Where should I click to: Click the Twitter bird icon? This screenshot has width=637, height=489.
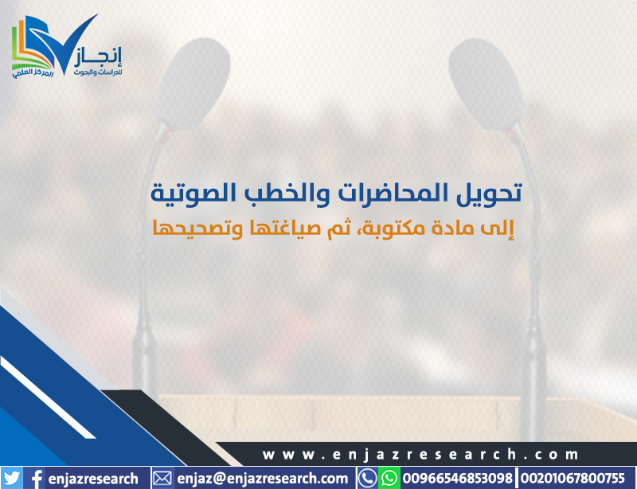[x=11, y=479]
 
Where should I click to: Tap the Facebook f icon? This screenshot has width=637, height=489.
[x=36, y=479]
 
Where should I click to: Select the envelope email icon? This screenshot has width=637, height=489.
[x=162, y=479]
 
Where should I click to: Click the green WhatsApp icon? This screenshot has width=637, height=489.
[x=389, y=478]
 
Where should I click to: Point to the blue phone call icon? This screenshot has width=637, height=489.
[x=368, y=478]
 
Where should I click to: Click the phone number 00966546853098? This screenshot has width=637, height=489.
[x=457, y=478]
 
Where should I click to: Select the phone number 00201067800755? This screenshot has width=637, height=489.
[x=572, y=478]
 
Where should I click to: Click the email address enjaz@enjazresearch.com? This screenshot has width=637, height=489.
[x=263, y=479]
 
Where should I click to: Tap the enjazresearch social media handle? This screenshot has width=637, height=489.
[x=93, y=479]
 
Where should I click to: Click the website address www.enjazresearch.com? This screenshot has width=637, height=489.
[x=420, y=454]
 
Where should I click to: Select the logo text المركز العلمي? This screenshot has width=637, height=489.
[x=33, y=73]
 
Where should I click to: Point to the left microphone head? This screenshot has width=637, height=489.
[x=191, y=84]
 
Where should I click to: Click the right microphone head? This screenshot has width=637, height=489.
[x=487, y=84]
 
